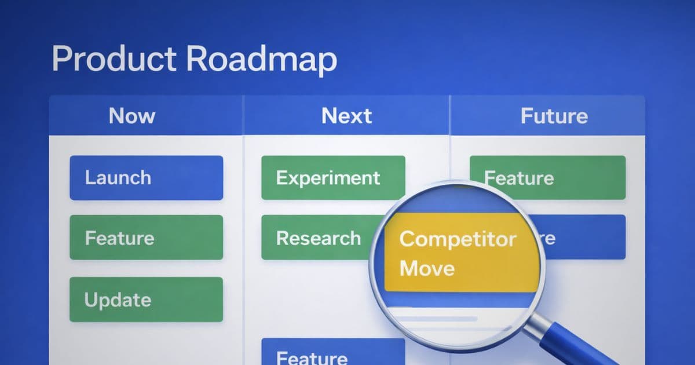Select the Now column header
(x=132, y=116)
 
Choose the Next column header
(x=346, y=116)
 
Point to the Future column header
(x=554, y=116)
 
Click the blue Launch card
(x=146, y=177)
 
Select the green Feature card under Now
(x=146, y=238)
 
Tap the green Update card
(x=146, y=300)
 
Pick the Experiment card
(x=333, y=177)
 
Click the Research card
(x=319, y=238)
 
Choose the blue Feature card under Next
(x=333, y=353)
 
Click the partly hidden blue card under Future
(x=585, y=238)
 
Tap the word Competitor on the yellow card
(x=458, y=239)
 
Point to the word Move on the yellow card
(x=427, y=268)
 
